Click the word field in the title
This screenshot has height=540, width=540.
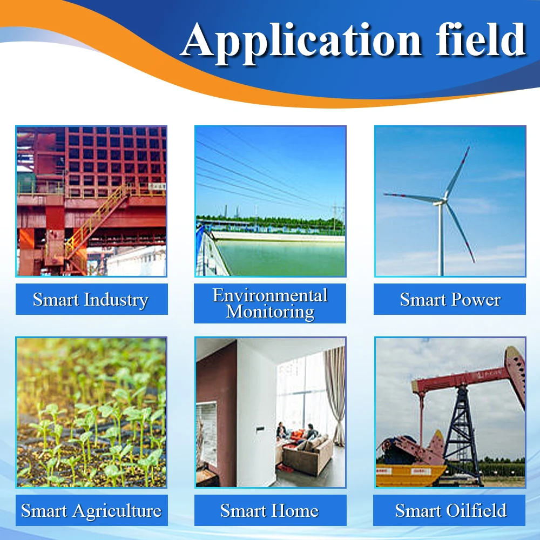[481, 39]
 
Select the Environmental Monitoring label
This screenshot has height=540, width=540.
[270, 303]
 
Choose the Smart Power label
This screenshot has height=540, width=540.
[450, 299]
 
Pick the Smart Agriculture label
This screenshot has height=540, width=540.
[92, 510]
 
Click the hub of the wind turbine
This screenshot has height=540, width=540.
[443, 200]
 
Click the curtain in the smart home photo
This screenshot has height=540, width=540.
[335, 396]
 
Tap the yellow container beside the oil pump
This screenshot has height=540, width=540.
[409, 475]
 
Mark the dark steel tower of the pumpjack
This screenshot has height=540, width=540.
[462, 435]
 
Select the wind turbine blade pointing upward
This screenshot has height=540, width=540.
[457, 172]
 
